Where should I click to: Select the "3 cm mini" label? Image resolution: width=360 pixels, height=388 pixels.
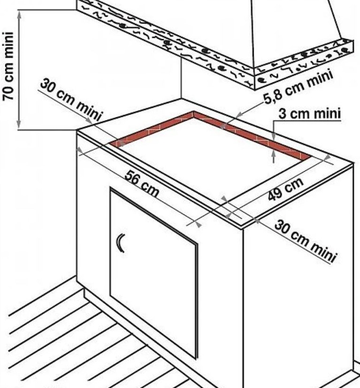pos(309,114)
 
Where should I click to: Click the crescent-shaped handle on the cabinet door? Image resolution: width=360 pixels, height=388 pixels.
pos(121,243)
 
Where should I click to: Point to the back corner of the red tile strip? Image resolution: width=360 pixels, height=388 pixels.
pos(194,113)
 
